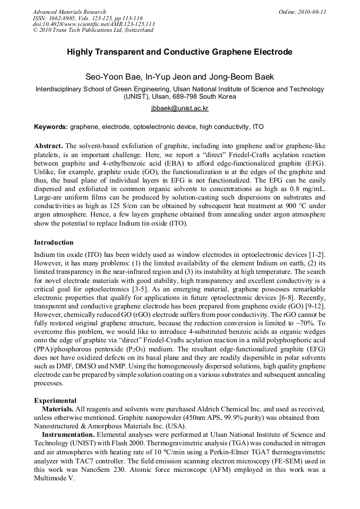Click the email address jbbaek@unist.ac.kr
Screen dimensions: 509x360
click(x=179, y=108)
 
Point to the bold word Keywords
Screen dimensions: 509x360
click(x=50, y=127)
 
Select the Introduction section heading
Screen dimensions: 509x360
click(x=54, y=243)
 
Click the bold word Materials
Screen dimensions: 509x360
click(x=58, y=410)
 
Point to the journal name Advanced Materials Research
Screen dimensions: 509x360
click(x=69, y=12)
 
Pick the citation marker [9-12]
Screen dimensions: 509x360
click(x=315, y=306)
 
